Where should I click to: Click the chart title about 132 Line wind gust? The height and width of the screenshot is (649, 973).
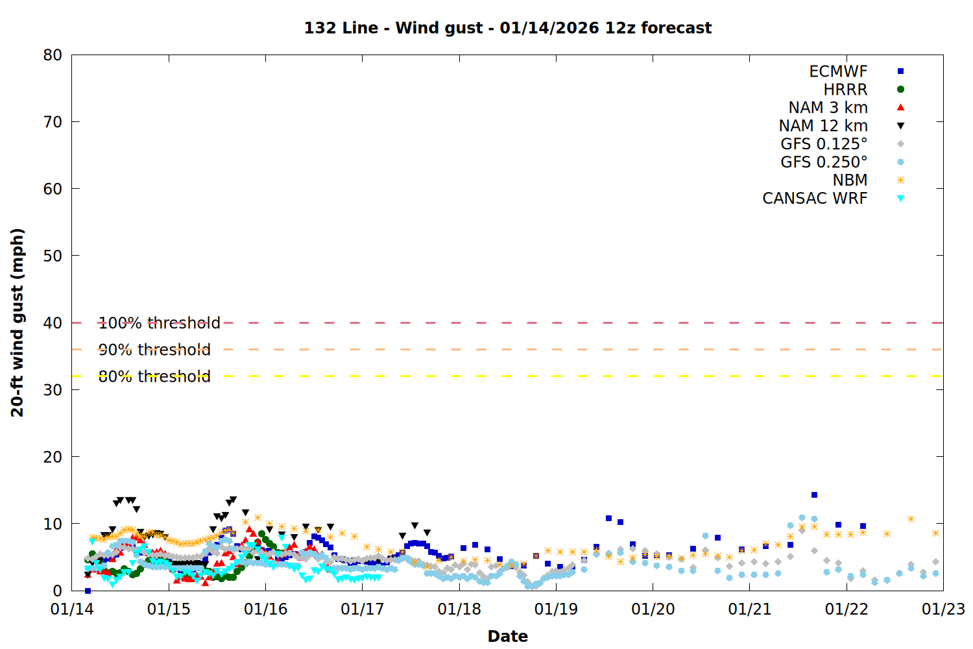pyautogui.click(x=508, y=28)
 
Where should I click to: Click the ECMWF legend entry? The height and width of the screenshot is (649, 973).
pyautogui.click(x=838, y=71)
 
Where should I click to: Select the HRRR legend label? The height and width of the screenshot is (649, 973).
pyautogui.click(x=845, y=90)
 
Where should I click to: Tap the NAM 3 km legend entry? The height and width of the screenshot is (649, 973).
pyautogui.click(x=828, y=108)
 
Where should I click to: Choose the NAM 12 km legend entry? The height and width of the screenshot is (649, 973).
pyautogui.click(x=823, y=126)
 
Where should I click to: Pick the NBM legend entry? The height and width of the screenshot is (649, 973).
pyautogui.click(x=850, y=180)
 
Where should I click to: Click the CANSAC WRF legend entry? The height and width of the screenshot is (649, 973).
pyautogui.click(x=815, y=199)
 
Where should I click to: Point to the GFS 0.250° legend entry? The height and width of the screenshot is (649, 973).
pyautogui.click(x=824, y=162)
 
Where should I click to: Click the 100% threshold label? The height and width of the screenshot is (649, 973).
pyautogui.click(x=160, y=323)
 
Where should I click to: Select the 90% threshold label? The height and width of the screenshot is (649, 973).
pyautogui.click(x=154, y=350)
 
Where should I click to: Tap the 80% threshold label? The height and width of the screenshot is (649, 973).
pyautogui.click(x=154, y=376)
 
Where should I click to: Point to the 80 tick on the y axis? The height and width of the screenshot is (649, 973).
pyautogui.click(x=53, y=55)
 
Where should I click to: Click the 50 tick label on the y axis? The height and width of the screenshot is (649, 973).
pyautogui.click(x=53, y=256)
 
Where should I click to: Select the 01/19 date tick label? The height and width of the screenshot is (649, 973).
pyautogui.click(x=556, y=609)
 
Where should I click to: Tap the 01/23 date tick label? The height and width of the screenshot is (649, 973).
pyautogui.click(x=943, y=609)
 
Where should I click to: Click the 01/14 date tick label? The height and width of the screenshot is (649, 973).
pyautogui.click(x=72, y=609)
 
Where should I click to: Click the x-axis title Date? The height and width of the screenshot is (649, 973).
pyautogui.click(x=508, y=636)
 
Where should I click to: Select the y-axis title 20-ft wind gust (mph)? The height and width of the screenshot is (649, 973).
pyautogui.click(x=18, y=323)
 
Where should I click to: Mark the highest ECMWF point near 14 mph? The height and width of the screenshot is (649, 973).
pyautogui.click(x=814, y=495)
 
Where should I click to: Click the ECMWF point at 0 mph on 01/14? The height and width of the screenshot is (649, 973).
pyautogui.click(x=88, y=591)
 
